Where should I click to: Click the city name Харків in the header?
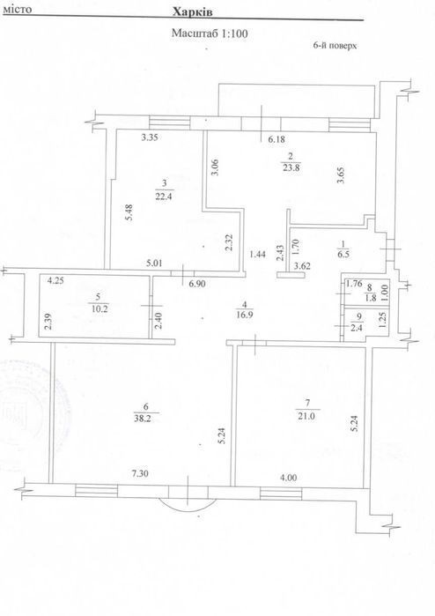(x=193, y=12)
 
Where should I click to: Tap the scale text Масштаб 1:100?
(x=210, y=33)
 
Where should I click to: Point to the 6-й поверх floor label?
(x=335, y=46)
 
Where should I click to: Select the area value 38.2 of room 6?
(x=142, y=419)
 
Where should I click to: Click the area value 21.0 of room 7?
(x=306, y=417)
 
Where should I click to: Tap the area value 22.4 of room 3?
(x=164, y=197)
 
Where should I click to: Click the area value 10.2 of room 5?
(x=100, y=308)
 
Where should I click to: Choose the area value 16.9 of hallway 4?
(x=244, y=315)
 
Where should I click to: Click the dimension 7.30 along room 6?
(x=140, y=474)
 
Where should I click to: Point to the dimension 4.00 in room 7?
(x=289, y=478)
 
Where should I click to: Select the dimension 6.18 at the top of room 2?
(x=276, y=138)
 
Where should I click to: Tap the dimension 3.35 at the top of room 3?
(x=150, y=137)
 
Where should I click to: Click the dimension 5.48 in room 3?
(x=129, y=212)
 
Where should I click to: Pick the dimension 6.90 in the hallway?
(x=197, y=284)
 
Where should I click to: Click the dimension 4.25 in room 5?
(x=55, y=280)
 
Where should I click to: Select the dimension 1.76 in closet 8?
(x=354, y=284)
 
